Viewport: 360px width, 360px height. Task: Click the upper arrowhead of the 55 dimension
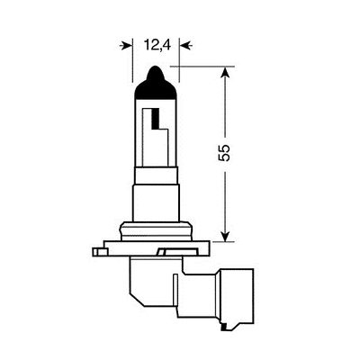click(x=226, y=72)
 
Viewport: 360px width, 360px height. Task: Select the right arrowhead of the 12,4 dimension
click(x=184, y=42)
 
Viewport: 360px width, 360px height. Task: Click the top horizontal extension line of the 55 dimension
click(x=211, y=66)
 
